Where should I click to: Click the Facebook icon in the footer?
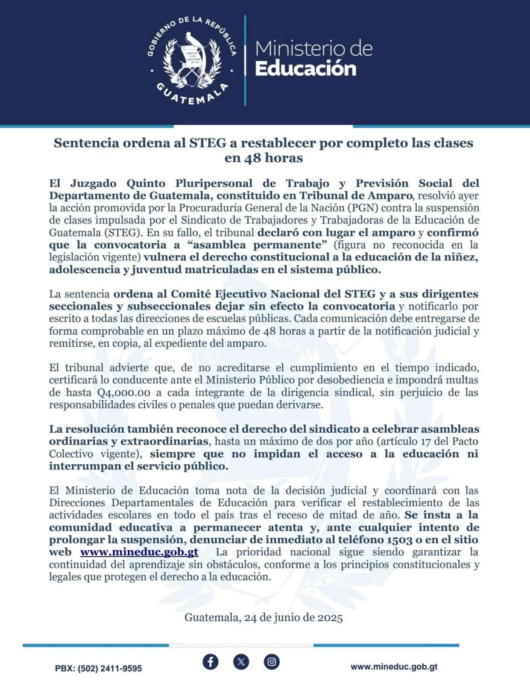pos(210,662)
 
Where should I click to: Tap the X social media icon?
pos(241,662)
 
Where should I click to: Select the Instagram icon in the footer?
pos(272,662)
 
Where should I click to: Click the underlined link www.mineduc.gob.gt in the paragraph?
pos(139,552)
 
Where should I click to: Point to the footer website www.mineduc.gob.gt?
pos(394,666)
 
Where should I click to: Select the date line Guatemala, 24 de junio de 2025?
pos(264,618)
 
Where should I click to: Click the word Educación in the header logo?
pos(305,69)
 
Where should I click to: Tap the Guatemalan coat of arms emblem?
pos(192,60)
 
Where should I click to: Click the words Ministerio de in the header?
pos(314,49)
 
